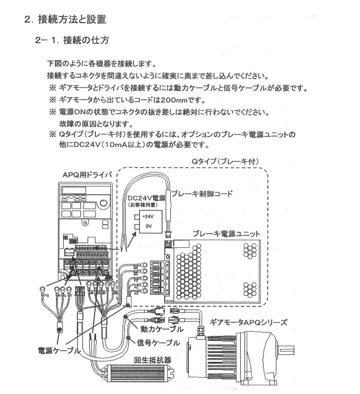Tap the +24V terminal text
148,216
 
